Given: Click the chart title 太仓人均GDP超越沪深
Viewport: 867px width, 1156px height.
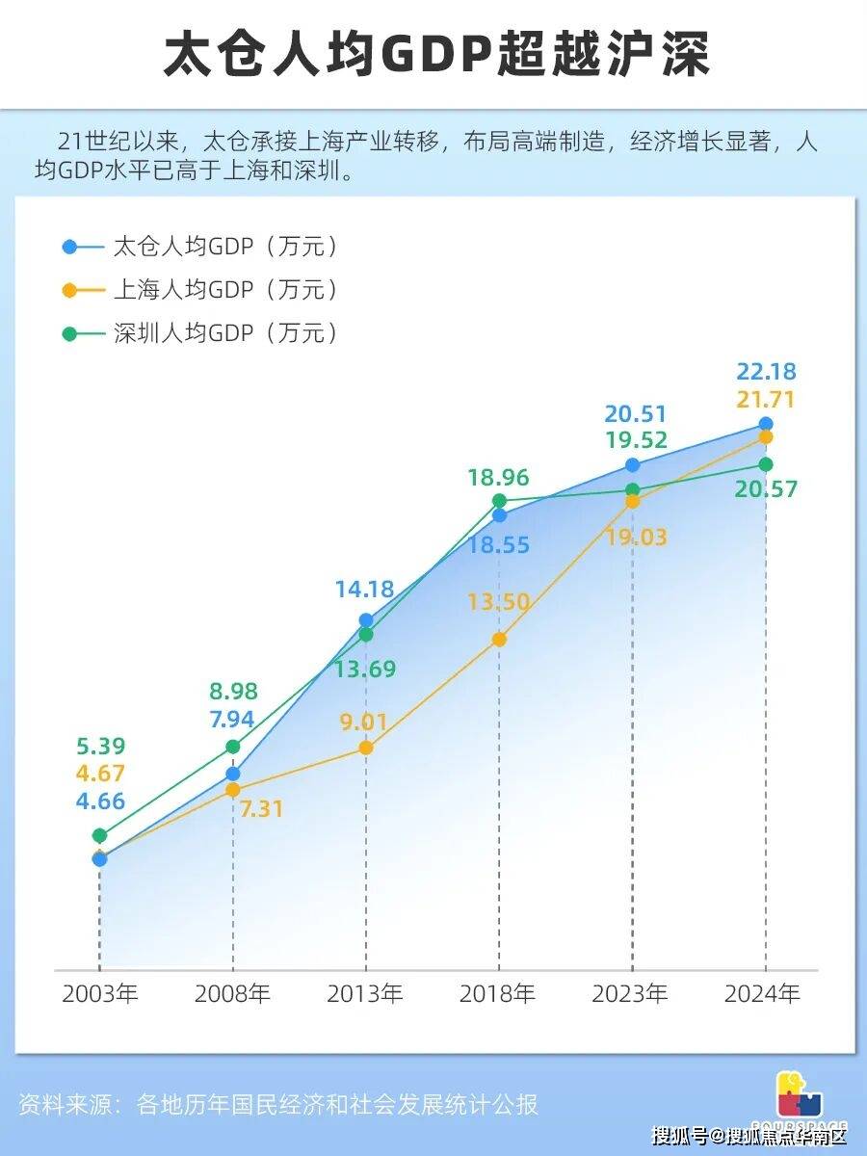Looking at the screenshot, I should point(434,55).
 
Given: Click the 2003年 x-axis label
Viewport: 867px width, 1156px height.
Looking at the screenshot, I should point(100,994).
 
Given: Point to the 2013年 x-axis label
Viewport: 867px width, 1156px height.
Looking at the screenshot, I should point(365,994).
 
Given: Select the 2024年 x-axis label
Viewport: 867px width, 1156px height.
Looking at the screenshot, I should point(765,994).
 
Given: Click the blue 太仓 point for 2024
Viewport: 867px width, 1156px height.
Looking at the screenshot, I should point(766,424).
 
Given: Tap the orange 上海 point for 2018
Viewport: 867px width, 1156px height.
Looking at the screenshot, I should point(499,639).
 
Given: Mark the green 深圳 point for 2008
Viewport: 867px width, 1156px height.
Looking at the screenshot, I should point(233,747).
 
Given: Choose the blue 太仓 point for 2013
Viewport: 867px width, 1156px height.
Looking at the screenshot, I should point(366,620).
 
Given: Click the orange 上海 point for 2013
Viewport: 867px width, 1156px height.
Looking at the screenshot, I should point(366,748).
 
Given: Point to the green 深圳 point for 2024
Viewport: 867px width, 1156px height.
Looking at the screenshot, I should point(766,464).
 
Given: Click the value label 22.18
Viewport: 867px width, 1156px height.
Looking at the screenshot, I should point(766,372).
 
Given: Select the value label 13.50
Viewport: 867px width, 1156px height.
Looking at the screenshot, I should point(499,603).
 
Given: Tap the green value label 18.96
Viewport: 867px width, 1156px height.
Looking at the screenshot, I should point(499,478).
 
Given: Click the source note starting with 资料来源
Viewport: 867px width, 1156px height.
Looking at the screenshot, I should point(278,1104).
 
